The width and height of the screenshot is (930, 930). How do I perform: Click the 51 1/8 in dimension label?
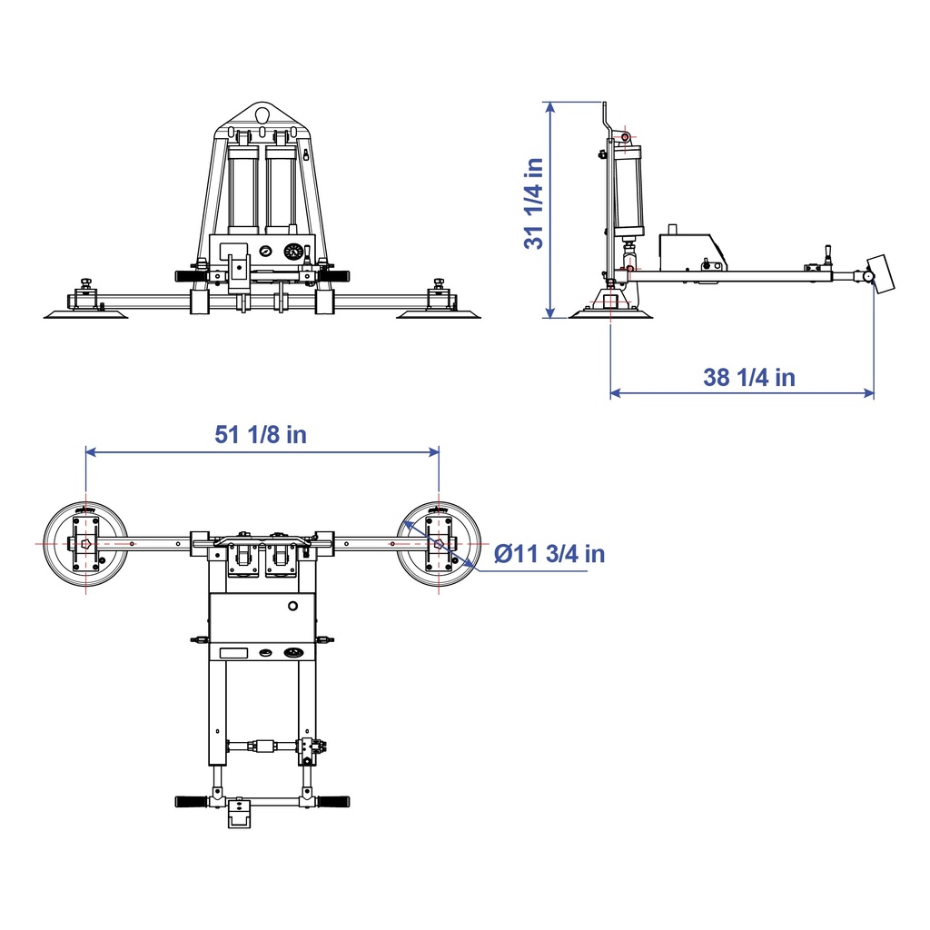261,435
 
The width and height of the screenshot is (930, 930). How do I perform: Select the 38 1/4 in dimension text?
749,377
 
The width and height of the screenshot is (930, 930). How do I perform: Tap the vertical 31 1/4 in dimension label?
534,203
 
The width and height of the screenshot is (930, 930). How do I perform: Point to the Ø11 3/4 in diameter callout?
549,554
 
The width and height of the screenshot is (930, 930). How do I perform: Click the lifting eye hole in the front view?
262,112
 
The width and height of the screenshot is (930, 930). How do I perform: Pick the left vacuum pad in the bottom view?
86,544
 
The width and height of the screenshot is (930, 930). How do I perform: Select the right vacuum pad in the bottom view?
439,544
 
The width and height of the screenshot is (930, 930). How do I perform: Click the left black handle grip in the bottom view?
191,802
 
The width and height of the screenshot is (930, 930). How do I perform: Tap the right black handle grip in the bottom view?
332,802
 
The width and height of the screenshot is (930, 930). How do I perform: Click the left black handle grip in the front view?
191,276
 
